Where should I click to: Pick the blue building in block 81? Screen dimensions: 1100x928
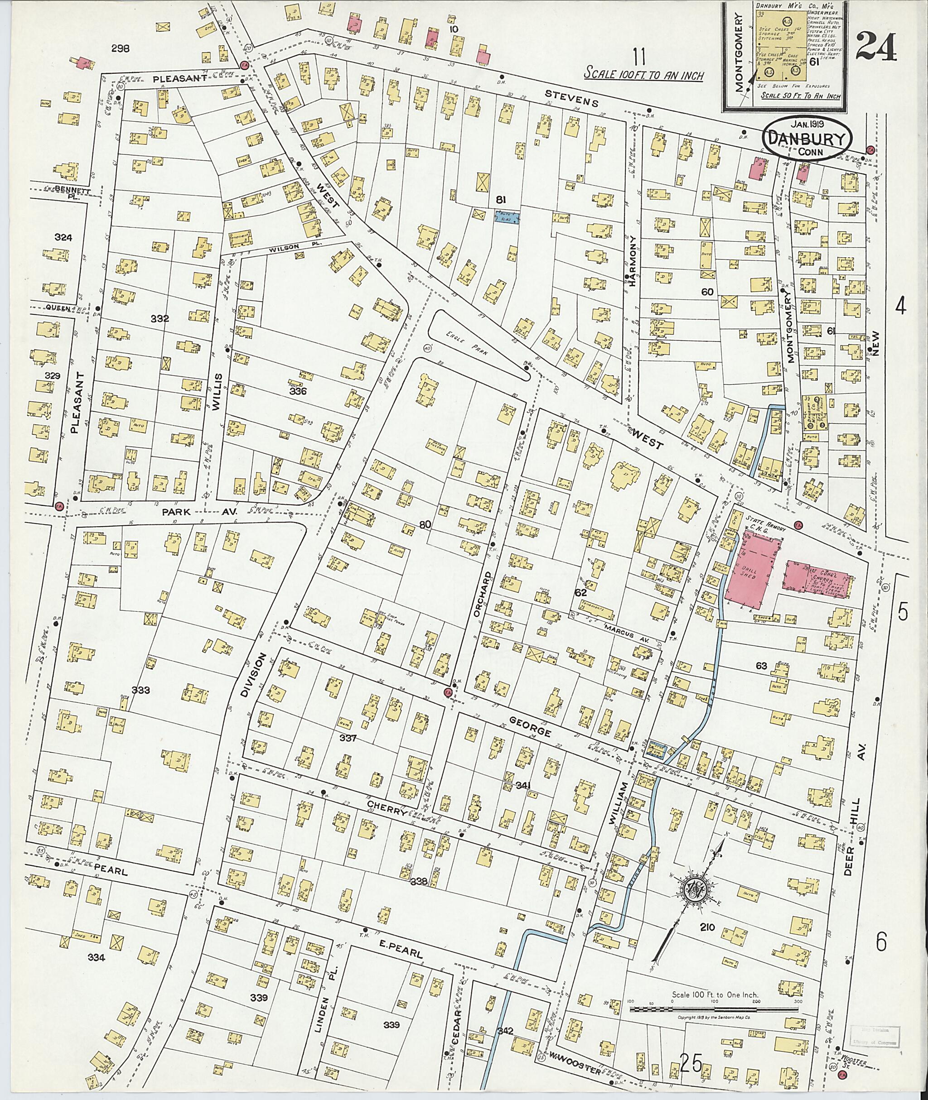coord(507,216)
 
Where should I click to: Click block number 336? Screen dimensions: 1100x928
coord(298,391)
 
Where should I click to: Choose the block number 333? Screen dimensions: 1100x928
coord(140,690)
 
